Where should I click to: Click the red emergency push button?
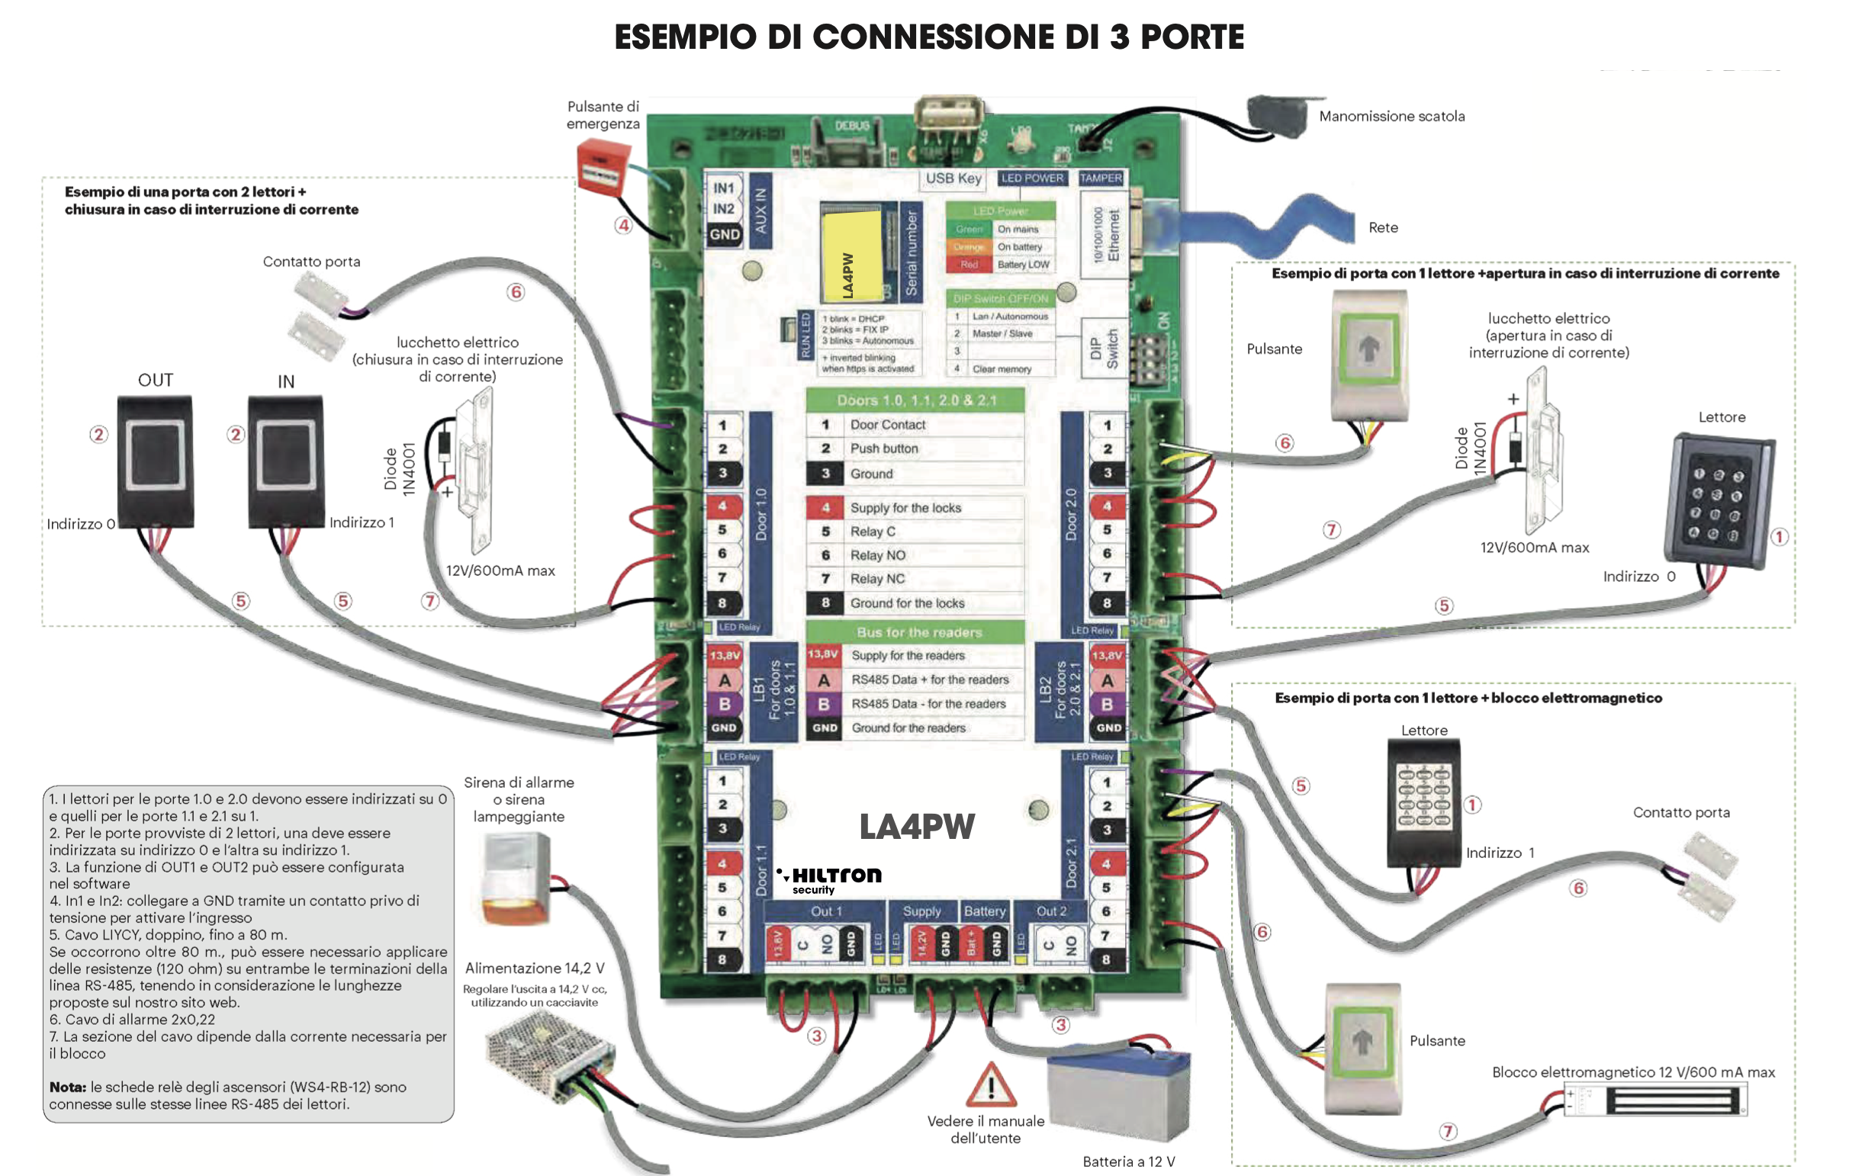click(x=603, y=167)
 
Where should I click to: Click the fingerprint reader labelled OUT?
click(x=155, y=461)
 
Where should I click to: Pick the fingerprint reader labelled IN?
click(x=285, y=461)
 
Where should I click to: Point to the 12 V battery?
click(x=1120, y=1094)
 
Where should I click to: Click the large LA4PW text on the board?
click(x=917, y=827)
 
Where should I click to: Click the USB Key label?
click(x=953, y=179)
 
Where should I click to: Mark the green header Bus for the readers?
click(x=915, y=632)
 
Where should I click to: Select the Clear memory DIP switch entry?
click(x=1001, y=369)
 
